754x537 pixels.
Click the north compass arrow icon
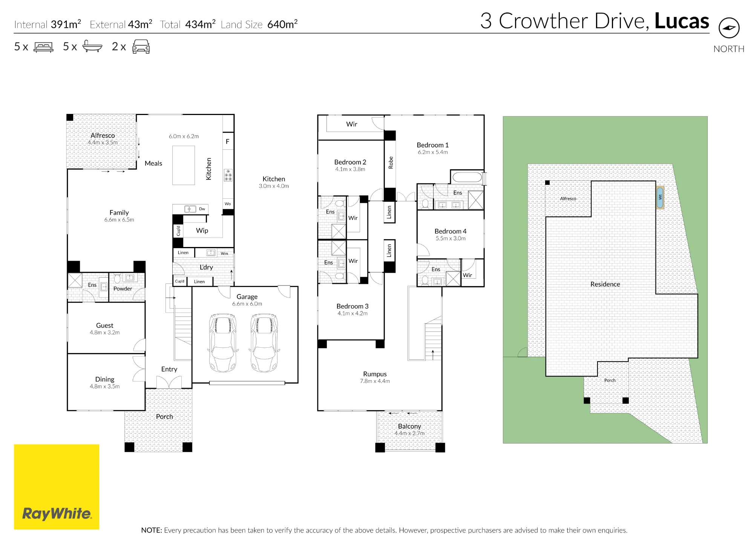[x=729, y=28]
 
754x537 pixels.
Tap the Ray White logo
[x=57, y=486]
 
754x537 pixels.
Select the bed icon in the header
[x=44, y=47]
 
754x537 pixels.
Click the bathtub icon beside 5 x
[x=92, y=46]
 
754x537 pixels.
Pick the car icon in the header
[x=141, y=46]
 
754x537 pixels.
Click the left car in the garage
[x=223, y=342]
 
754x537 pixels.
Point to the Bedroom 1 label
[x=432, y=145]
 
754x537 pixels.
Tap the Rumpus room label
[x=375, y=374]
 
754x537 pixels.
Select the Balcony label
[x=409, y=426]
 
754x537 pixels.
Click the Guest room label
[x=104, y=325]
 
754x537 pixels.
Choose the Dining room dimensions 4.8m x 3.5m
[x=105, y=387]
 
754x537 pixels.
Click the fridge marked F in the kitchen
[x=228, y=141]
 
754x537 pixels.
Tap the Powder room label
[x=123, y=289]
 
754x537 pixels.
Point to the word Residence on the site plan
[x=605, y=284]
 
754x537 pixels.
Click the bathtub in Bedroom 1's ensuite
[x=467, y=177]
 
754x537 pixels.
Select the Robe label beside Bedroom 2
[x=391, y=163]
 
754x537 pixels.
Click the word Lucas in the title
[x=682, y=21]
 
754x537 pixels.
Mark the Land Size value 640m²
[x=282, y=24]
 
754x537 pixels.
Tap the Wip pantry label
[x=202, y=230]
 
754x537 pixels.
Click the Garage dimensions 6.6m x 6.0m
[x=247, y=304]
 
